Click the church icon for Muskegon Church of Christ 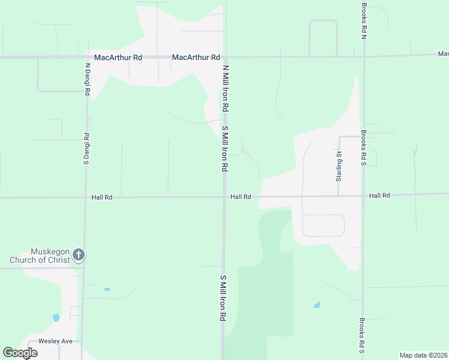pyautogui.click(x=78, y=256)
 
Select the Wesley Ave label pyautogui.click(x=55, y=341)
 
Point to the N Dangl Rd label pyautogui.click(x=88, y=80)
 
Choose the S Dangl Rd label pyautogui.click(x=87, y=148)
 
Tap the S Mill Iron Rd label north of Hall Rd pyautogui.click(x=225, y=149)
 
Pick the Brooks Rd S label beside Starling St pyautogui.click(x=364, y=148)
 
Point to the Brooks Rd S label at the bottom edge pyautogui.click(x=363, y=336)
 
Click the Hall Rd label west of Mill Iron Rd pyautogui.click(x=102, y=197)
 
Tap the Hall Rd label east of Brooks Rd pyautogui.click(x=380, y=196)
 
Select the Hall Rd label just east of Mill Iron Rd pyautogui.click(x=241, y=197)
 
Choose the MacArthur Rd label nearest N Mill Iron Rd pyautogui.click(x=196, y=58)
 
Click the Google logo pyautogui.click(x=20, y=353)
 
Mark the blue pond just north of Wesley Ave pyautogui.click(x=56, y=317)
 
